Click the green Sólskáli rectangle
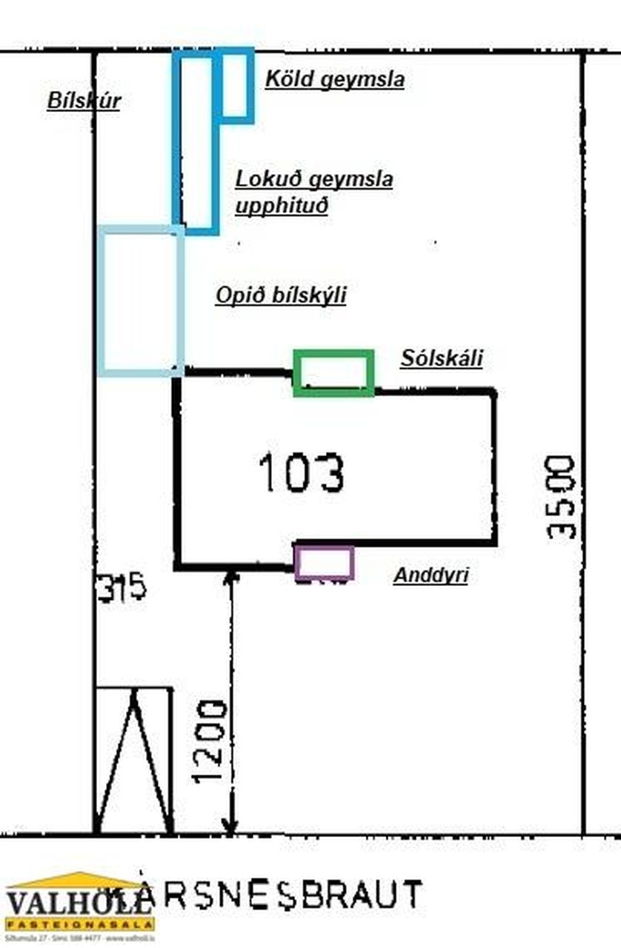pos(333,373)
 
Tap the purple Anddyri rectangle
pos(324,562)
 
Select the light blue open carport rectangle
pos(141,300)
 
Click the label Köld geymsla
pos(334,80)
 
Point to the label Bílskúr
pos(83,101)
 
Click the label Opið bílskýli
pos(281,296)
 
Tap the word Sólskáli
pos(442,358)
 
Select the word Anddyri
pos(431,575)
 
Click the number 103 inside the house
pos(301,473)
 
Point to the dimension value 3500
pos(560,497)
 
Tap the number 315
pos(122,589)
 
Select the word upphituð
pos(281,206)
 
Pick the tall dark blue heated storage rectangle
pos(196,141)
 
